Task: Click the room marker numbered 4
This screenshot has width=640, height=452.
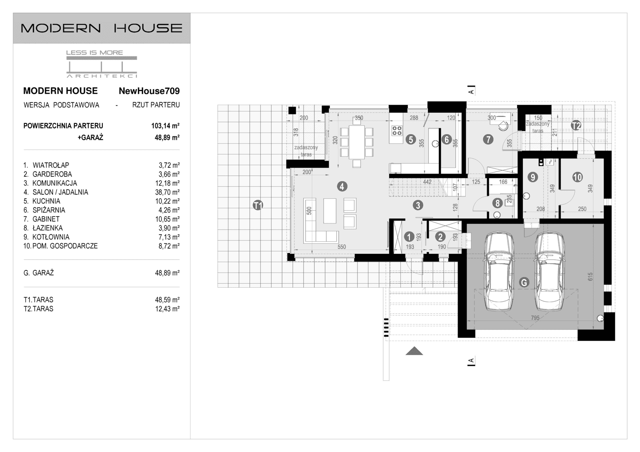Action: point(342,186)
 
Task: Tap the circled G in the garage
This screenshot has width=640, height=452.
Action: point(523,282)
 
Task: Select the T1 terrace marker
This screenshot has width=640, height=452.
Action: point(258,205)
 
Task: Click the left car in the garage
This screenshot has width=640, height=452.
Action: point(499,272)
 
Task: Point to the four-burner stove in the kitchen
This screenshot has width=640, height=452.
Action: point(397,130)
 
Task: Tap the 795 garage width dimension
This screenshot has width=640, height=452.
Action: point(535,318)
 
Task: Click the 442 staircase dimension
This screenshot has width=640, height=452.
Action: point(427,182)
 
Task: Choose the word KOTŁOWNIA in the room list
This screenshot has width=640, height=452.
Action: point(51,237)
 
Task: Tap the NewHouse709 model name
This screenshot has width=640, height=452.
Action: point(149,91)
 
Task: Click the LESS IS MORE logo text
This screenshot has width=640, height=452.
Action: point(94,52)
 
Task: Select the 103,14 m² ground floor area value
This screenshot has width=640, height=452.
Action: point(165,126)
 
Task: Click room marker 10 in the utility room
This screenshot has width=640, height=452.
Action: point(577,177)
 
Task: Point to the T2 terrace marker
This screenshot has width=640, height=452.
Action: point(576,125)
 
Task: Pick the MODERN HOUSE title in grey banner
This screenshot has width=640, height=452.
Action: point(102,28)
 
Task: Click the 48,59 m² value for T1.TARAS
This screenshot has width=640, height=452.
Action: point(167,300)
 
